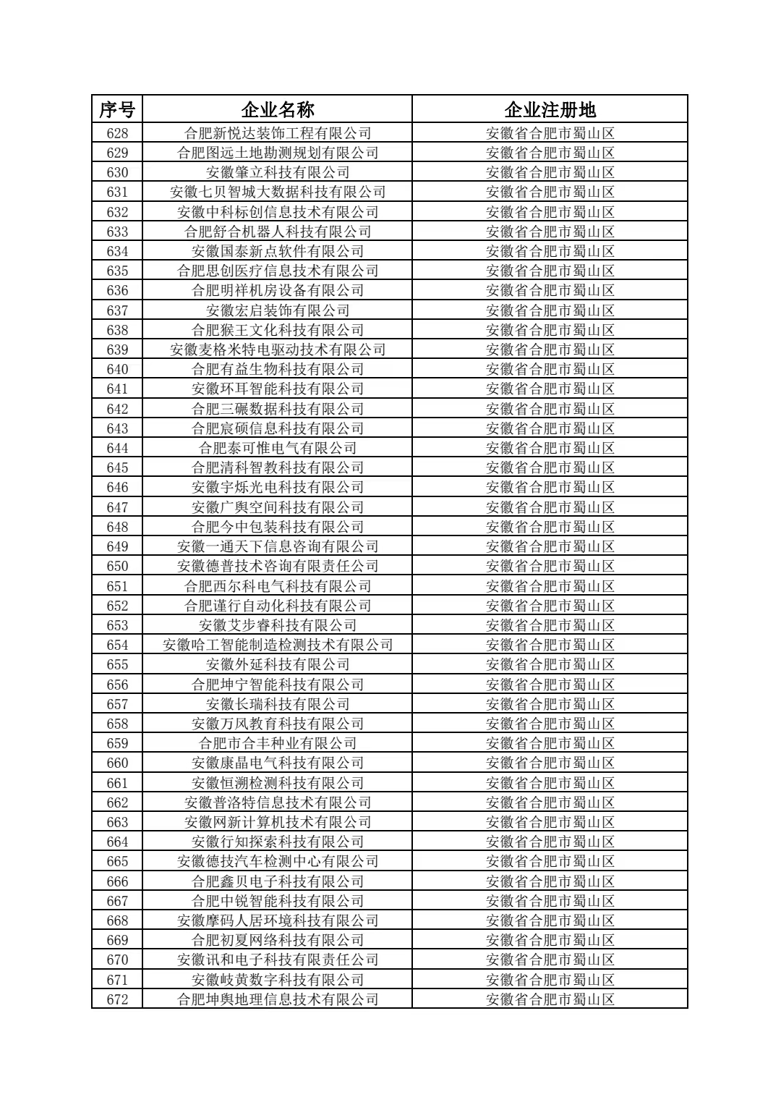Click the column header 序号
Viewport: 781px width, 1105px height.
coord(117,109)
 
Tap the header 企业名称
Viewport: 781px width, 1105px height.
coord(278,109)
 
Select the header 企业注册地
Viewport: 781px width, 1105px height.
coord(550,109)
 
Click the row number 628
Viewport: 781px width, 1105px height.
coord(117,133)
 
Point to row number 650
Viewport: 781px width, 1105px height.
coord(117,566)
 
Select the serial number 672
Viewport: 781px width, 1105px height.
coord(117,999)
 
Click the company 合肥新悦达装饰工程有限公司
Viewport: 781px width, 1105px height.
coord(278,133)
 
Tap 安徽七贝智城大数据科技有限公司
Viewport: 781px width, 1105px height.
coord(278,192)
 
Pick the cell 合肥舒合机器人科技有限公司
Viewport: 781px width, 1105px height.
coord(278,232)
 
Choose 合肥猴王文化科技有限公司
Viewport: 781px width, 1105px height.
coord(278,330)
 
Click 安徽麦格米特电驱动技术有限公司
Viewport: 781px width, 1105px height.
coord(278,350)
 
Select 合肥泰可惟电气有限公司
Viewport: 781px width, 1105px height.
coord(278,448)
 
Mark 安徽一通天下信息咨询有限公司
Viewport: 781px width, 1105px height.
coord(278,546)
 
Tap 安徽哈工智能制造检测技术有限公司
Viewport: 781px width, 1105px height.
coord(278,645)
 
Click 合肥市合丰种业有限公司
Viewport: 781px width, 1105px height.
coord(278,743)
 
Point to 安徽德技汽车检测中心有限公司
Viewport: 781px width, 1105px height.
coord(278,861)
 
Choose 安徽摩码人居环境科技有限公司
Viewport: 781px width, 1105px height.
coord(278,920)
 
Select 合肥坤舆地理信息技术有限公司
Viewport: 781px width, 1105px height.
coord(278,999)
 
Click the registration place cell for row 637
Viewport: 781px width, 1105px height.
coord(550,310)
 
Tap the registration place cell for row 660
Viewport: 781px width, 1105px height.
coord(550,763)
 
